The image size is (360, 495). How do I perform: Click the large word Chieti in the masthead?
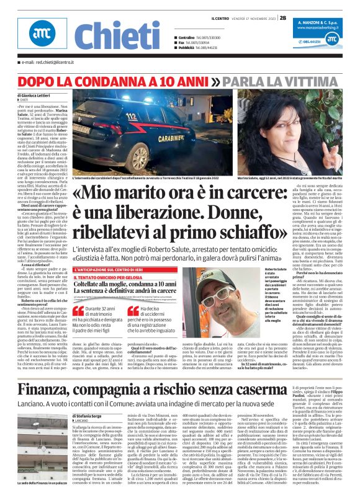click(x=119, y=35)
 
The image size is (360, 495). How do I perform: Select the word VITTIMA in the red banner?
click(x=316, y=81)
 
